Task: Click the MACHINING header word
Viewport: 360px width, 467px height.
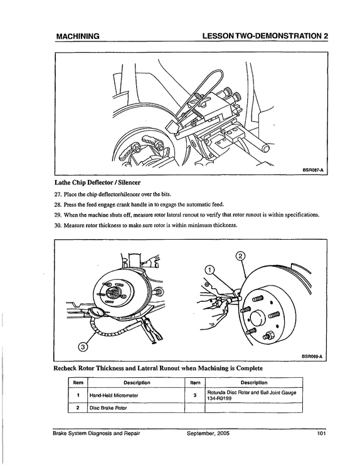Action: pyautogui.click(x=78, y=36)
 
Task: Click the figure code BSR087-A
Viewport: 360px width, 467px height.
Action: pyautogui.click(x=312, y=170)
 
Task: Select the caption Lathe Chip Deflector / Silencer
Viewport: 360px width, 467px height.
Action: pyautogui.click(x=98, y=182)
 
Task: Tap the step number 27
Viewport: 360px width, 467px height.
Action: pyautogui.click(x=58, y=195)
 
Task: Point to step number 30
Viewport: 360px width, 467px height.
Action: pyautogui.click(x=58, y=225)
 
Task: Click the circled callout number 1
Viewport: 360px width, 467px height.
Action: pyautogui.click(x=209, y=270)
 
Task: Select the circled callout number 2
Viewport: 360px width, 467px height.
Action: pyautogui.click(x=240, y=256)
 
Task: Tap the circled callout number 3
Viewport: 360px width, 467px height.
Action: pyautogui.click(x=83, y=346)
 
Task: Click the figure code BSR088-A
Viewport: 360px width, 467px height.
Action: pyautogui.click(x=312, y=356)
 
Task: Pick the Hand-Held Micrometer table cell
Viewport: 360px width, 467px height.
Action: pyautogui.click(x=136, y=395)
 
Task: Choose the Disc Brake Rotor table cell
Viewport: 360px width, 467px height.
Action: pyautogui.click(x=136, y=408)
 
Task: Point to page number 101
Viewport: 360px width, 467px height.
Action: pyautogui.click(x=322, y=433)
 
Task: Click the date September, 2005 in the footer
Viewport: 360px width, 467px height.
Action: pyautogui.click(x=208, y=433)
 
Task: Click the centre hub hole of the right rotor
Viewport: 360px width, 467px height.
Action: pyautogui.click(x=258, y=318)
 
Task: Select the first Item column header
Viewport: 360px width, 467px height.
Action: pyautogui.click(x=78, y=383)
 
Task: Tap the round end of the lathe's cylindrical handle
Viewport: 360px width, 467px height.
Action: pyautogui.click(x=265, y=148)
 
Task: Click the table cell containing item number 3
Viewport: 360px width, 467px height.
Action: pyautogui.click(x=195, y=395)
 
